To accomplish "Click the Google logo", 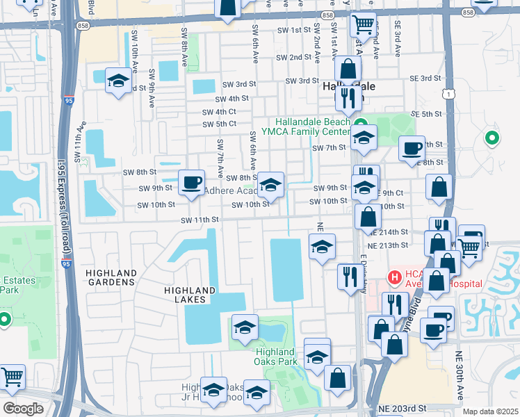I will (x=23, y=408).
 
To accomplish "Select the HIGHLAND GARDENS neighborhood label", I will (x=110, y=277).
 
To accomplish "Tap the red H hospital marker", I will (x=395, y=277).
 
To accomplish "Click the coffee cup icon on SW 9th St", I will (x=190, y=182).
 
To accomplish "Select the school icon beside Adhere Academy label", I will (x=270, y=184).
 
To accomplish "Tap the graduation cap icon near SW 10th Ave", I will (x=117, y=81).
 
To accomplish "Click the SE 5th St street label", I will (x=427, y=114).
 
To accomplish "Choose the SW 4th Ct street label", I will (x=219, y=111).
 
